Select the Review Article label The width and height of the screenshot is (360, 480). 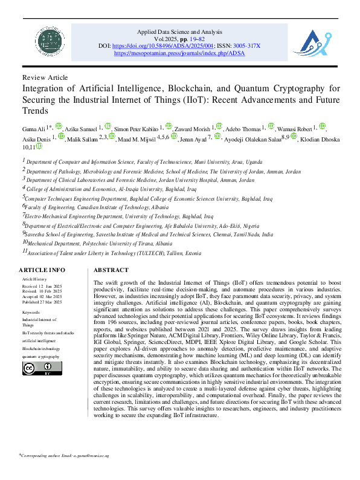[x=45, y=78]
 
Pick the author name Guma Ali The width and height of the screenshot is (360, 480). [x=35, y=128]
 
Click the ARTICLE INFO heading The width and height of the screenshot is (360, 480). [x=42, y=270]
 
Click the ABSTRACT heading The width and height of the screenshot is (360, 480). [x=111, y=270]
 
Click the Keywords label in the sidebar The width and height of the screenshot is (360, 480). [x=31, y=312]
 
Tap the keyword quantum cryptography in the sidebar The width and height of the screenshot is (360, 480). [x=41, y=357]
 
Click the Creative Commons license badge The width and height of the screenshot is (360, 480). [x=34, y=368]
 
